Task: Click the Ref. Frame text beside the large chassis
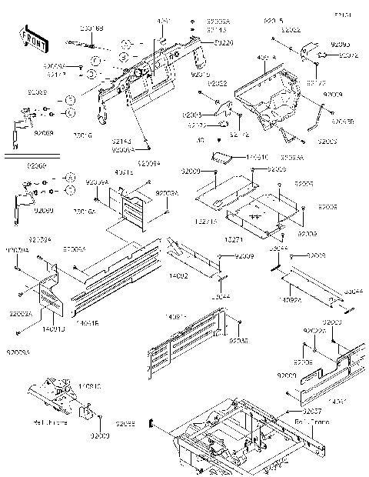pos(308,422)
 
